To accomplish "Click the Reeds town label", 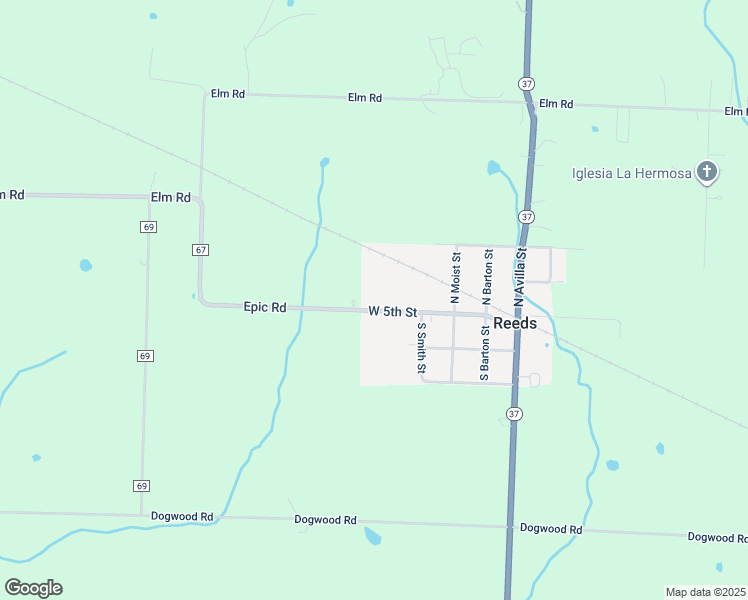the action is coord(515,324).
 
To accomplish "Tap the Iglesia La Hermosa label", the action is coord(631,173).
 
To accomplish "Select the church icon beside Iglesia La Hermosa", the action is coord(707,173).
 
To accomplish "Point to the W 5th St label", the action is coord(392,312).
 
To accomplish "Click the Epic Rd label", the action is coord(265,308).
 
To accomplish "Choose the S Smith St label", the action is coord(422,349).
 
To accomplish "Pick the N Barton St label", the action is coord(486,277).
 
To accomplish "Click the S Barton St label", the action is coord(484,353).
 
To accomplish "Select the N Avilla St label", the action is coord(519,278).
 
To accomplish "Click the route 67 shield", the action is coord(201,249).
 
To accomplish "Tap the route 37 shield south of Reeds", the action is coord(514,414).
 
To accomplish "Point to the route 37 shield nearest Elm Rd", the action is coord(526,81).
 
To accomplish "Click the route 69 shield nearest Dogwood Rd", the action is coord(141,485).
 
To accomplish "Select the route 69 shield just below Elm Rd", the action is coord(147,228).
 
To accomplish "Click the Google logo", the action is coord(33,588).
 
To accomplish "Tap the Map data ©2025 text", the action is coord(706,592).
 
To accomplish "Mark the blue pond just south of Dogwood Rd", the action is coord(373,537).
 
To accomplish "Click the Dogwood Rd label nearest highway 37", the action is coord(551,528).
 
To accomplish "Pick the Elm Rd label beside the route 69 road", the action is coord(170,197).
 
